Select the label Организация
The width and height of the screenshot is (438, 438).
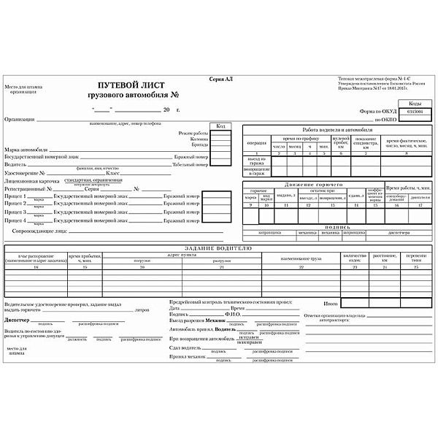pyautogui.click(x=20, y=118)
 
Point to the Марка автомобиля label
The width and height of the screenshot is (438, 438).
pyautogui.click(x=26, y=149)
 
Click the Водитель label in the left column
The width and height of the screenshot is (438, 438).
pyautogui.click(x=17, y=164)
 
